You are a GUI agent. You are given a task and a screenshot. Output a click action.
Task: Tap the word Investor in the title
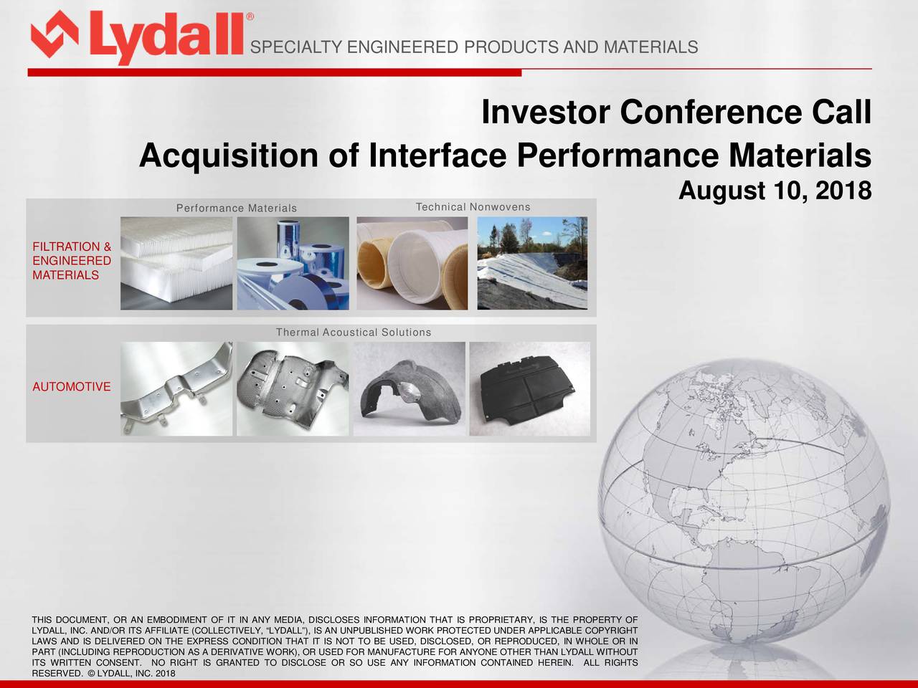pyautogui.click(x=546, y=113)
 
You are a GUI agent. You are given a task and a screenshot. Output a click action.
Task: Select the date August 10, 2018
pyautogui.click(x=775, y=191)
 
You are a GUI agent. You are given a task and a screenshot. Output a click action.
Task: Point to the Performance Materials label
pyautogui.click(x=236, y=209)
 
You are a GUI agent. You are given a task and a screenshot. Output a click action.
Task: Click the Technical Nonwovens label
pyautogui.click(x=473, y=207)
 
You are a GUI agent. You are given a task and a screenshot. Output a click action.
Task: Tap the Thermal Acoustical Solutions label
pyautogui.click(x=354, y=333)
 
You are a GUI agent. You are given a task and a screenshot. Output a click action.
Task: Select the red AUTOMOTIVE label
pyautogui.click(x=71, y=387)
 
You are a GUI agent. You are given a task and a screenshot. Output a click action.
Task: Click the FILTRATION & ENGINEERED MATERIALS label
pyautogui.click(x=71, y=261)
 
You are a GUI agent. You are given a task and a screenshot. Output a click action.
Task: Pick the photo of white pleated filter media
pyautogui.click(x=176, y=264)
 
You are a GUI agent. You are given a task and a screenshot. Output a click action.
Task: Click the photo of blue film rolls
pyautogui.click(x=293, y=264)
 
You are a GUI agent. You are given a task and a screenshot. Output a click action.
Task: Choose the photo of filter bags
pyautogui.click(x=412, y=264)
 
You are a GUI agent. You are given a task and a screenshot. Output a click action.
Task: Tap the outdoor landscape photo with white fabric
pyautogui.click(x=532, y=264)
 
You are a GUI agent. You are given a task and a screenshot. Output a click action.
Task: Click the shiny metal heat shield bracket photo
pyautogui.click(x=176, y=388)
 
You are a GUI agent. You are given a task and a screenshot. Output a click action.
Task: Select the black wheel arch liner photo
pyautogui.click(x=410, y=388)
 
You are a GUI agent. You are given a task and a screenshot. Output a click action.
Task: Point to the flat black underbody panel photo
pyautogui.click(x=529, y=388)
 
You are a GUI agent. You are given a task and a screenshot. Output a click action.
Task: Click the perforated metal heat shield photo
pyautogui.click(x=293, y=388)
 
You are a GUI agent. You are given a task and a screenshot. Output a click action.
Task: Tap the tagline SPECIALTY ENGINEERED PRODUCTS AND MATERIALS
pyautogui.click(x=473, y=48)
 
